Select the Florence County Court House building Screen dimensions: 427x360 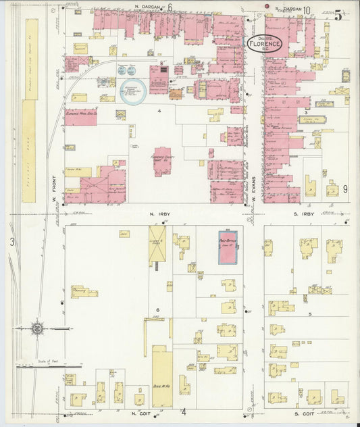pyautogui.click(x=162, y=162)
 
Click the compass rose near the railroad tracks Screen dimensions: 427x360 pyautogui.click(x=38, y=329)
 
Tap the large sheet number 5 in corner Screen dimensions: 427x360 pyautogui.click(x=338, y=15)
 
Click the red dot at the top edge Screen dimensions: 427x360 pyautogui.click(x=267, y=7)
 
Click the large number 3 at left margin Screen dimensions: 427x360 pyautogui.click(x=11, y=241)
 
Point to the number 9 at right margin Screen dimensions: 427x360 pyautogui.click(x=344, y=189)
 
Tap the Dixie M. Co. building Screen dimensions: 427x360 pyautogui.click(x=161, y=376)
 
